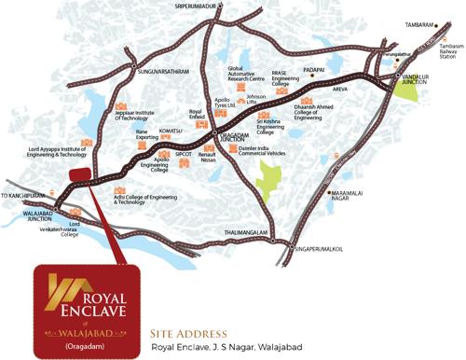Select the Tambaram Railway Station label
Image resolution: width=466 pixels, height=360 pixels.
click(448, 51)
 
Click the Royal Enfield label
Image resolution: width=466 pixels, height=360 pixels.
click(196, 117)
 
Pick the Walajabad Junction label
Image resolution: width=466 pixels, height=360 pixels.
click(21, 219)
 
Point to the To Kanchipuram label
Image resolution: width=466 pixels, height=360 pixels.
click(22, 196)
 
